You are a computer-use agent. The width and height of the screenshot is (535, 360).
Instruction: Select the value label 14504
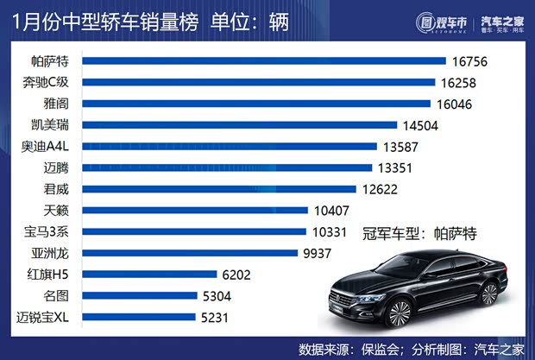point(423,125)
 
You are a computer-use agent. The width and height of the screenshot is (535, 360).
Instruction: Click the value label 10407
point(333,211)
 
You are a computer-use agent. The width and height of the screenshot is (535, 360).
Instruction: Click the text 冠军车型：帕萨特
point(420,233)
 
